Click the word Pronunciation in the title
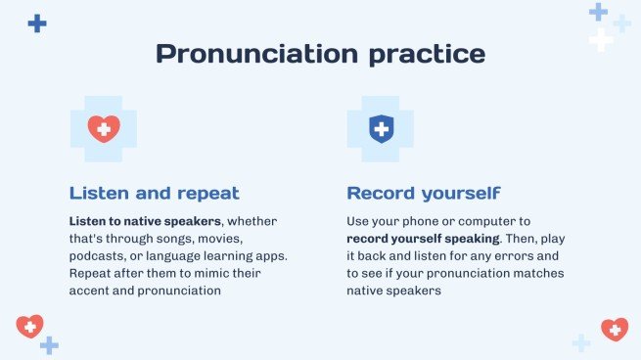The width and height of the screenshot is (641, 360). (257, 53)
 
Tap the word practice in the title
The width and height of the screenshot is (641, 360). (428, 54)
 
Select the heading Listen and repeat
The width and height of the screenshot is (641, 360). (154, 193)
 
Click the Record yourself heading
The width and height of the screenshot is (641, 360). (424, 194)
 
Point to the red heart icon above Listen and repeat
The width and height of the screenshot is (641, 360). (104, 129)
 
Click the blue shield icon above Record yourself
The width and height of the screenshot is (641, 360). (382, 129)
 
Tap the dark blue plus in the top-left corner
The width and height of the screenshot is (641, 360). (37, 23)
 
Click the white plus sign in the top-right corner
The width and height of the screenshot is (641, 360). (601, 40)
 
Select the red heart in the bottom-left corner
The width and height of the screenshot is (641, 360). (29, 326)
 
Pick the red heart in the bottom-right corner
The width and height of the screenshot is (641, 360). (615, 330)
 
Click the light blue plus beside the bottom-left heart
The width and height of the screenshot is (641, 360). (50, 345)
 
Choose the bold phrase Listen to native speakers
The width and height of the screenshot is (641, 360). (145, 221)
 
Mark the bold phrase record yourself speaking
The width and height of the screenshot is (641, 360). (423, 239)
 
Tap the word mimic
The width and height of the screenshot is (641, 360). (211, 273)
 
